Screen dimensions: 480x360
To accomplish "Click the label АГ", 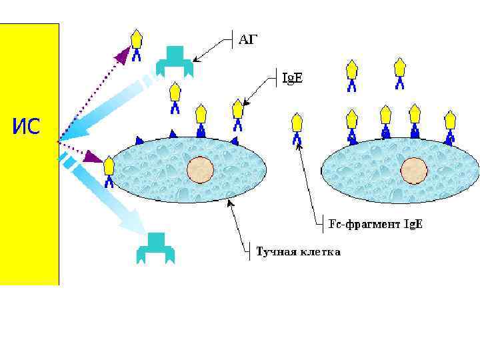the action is click(247, 40).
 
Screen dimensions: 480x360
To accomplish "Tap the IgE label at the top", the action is click(292, 78).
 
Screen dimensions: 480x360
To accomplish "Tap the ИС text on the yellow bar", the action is click(26, 125).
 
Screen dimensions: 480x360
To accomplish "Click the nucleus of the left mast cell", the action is click(199, 170).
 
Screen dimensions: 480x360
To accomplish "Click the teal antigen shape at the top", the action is click(175, 60).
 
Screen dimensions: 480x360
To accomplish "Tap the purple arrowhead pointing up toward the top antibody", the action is click(122, 55).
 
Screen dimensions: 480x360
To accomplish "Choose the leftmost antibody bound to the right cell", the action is click(352, 125).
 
